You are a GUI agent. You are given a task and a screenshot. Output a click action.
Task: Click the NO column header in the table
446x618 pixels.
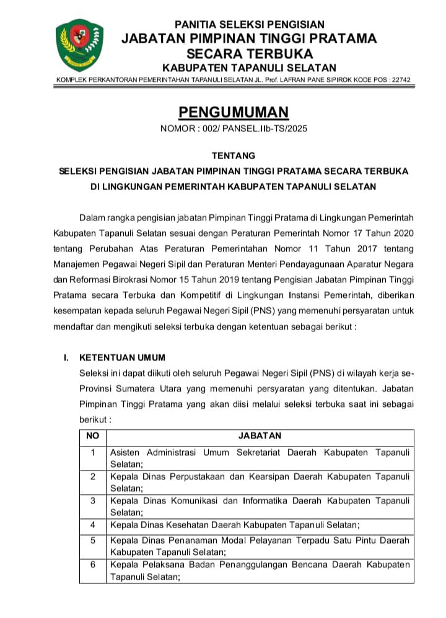(x=92, y=435)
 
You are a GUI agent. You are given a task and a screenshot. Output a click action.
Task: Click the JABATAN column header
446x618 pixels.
(x=259, y=435)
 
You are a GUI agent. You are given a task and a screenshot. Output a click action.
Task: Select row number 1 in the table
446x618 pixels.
(x=92, y=452)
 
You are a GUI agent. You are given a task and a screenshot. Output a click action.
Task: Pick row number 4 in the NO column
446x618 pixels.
(x=92, y=524)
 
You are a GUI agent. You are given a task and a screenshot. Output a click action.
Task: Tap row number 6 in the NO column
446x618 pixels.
(x=92, y=565)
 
